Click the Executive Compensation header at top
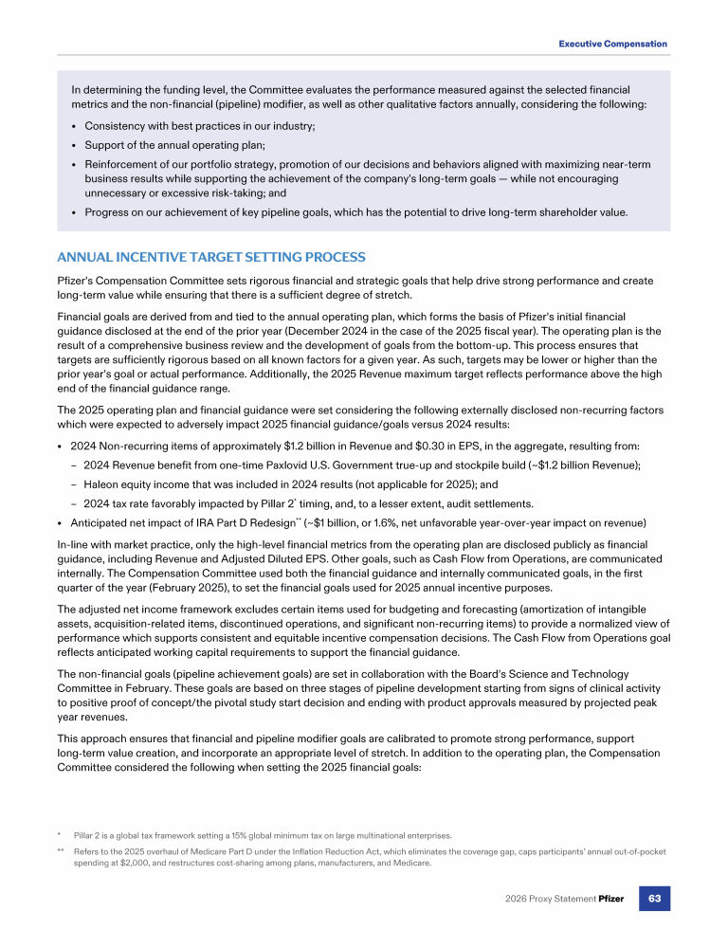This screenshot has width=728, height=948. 612,44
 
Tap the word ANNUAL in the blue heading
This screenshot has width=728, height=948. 86,258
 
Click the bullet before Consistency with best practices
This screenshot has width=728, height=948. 74,126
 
